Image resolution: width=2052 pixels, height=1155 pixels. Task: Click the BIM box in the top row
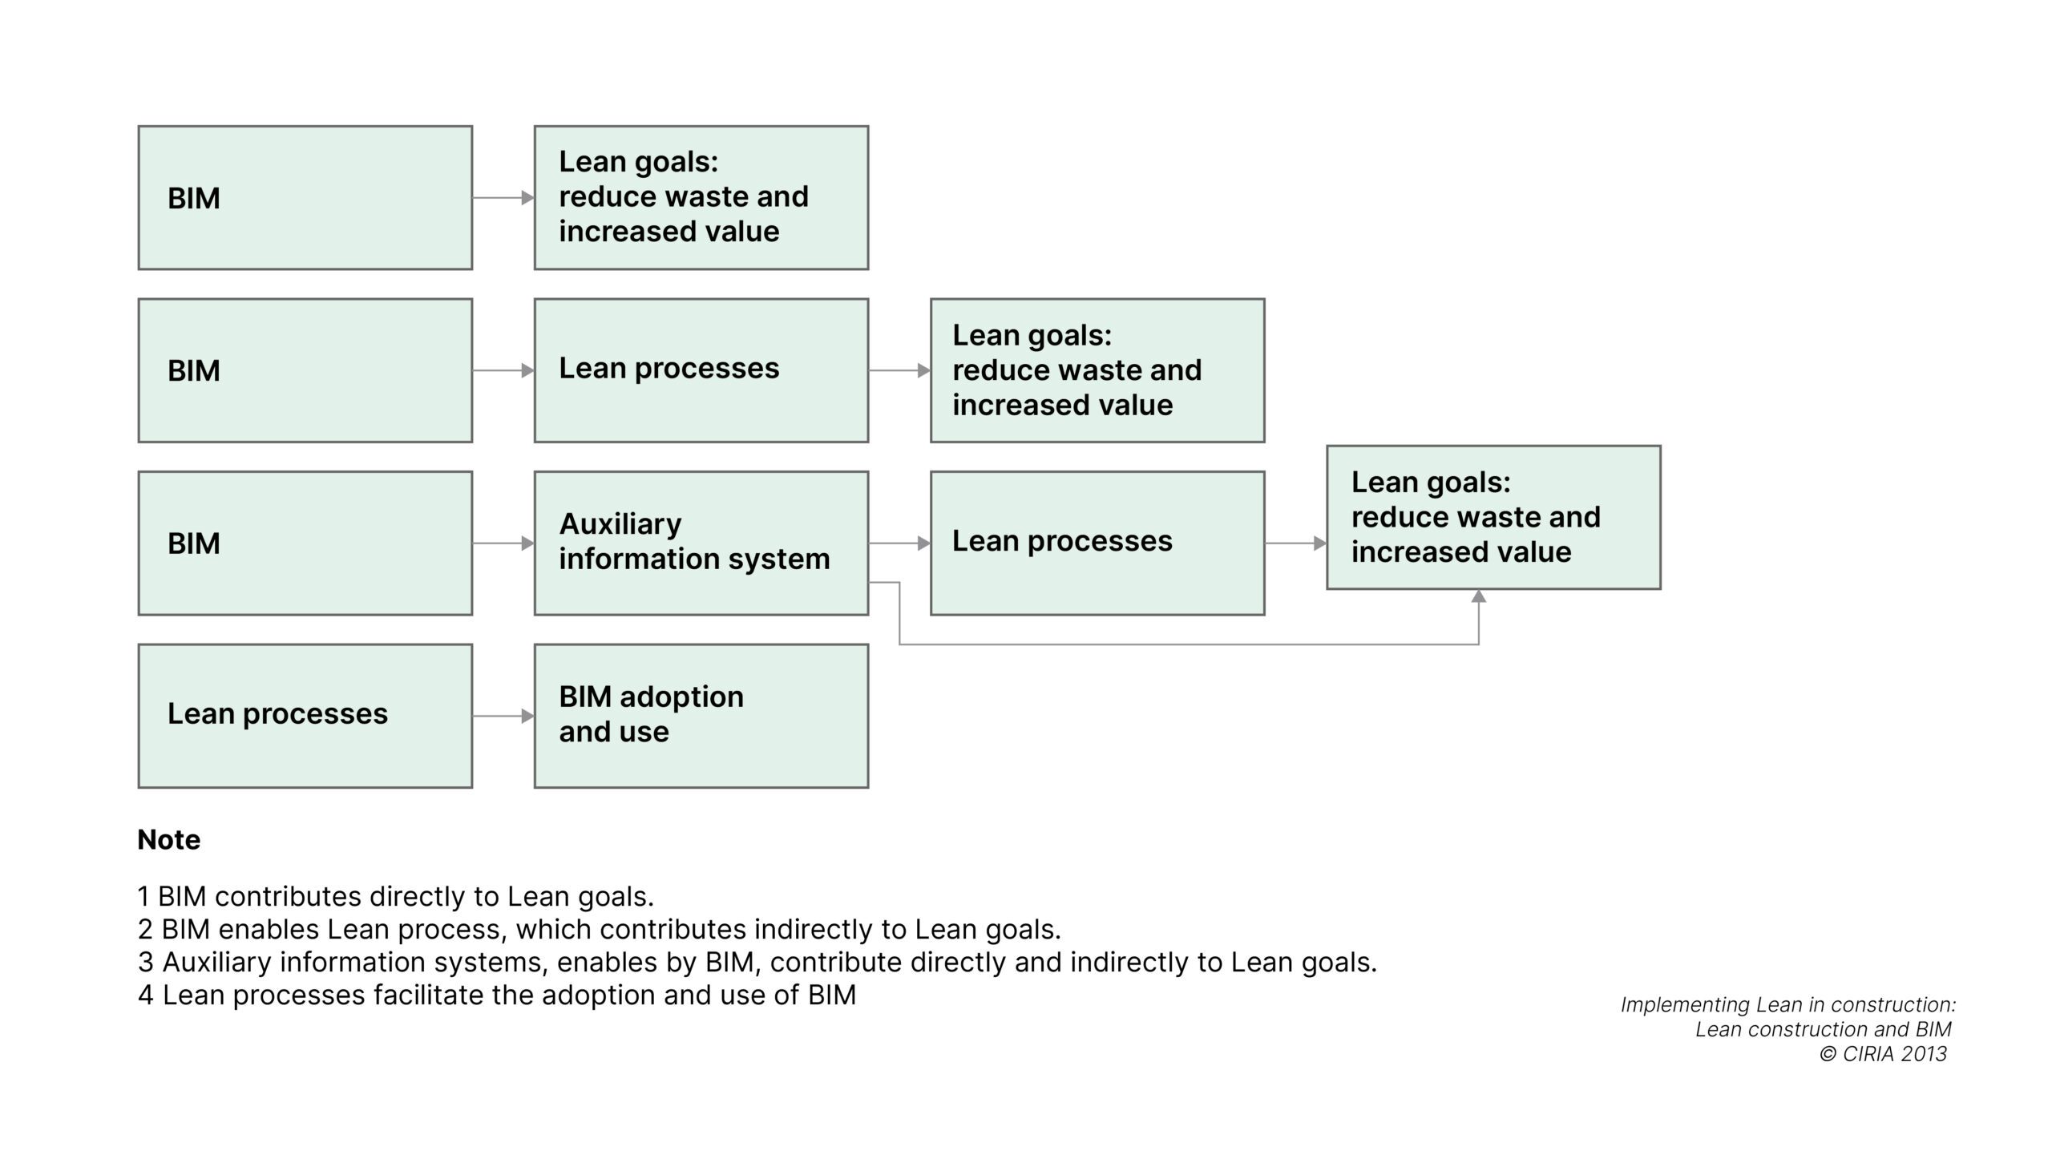(x=305, y=197)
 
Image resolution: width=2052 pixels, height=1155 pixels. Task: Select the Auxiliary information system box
(x=701, y=543)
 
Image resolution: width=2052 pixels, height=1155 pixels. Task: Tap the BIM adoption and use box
(x=701, y=715)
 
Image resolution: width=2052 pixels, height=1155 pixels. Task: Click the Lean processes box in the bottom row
(x=305, y=715)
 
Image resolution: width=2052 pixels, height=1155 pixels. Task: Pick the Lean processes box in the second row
(x=701, y=370)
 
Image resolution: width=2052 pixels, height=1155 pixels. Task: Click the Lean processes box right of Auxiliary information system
(x=1097, y=543)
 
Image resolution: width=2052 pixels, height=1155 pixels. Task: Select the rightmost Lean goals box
(x=1493, y=517)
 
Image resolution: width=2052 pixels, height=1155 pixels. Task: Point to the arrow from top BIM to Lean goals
(x=503, y=197)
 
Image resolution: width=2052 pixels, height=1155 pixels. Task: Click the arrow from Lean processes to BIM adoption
(x=503, y=716)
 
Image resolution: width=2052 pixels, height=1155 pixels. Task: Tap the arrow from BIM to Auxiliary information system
(x=503, y=543)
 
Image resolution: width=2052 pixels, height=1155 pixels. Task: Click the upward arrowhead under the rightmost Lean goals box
(x=1478, y=596)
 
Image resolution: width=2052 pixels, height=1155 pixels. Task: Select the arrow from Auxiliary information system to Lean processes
(x=899, y=543)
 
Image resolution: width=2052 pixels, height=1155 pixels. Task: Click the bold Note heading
(x=169, y=839)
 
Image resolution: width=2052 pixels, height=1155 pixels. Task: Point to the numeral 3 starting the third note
(x=145, y=962)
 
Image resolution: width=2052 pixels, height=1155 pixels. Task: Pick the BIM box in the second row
(x=305, y=370)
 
